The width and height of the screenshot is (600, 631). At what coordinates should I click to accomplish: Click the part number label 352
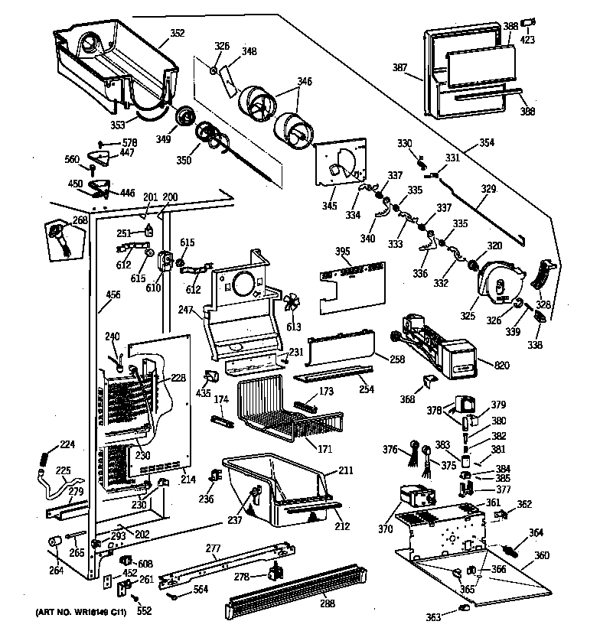(x=177, y=33)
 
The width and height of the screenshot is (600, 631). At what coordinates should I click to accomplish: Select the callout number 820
(x=501, y=366)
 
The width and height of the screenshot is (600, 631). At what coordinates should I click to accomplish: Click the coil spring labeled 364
(x=512, y=549)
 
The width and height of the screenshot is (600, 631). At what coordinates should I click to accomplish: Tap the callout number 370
(x=384, y=529)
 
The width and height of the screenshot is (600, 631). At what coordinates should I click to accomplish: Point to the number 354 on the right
(x=487, y=142)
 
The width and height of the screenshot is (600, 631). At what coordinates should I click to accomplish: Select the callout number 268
(x=80, y=221)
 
